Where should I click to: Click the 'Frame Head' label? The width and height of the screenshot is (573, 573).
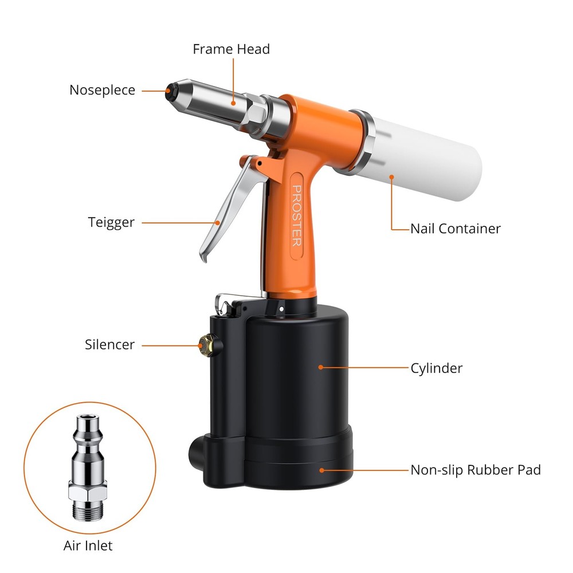tap(231, 49)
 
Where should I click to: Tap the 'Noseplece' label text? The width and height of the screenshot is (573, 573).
tap(102, 90)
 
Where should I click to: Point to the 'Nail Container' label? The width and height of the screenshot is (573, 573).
tap(455, 229)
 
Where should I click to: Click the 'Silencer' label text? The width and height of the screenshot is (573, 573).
tap(109, 344)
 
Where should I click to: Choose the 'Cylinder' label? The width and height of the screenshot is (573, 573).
tap(436, 368)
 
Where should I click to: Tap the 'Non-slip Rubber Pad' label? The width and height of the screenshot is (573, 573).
tap(475, 470)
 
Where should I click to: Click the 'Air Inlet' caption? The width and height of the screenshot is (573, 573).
tap(88, 545)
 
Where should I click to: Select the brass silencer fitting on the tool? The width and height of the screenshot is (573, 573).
tap(203, 344)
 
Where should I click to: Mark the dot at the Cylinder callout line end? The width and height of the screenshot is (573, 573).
tap(321, 367)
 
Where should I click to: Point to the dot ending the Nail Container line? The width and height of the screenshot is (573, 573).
tap(392, 177)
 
